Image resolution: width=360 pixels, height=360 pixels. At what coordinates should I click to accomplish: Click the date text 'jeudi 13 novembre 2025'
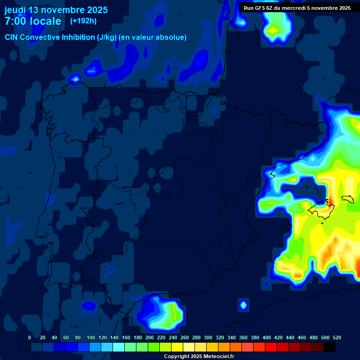(x=56, y=10)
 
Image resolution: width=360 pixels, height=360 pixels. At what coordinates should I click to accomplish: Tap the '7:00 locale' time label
(x=33, y=21)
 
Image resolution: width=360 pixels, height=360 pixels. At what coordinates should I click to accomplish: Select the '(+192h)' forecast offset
(x=83, y=21)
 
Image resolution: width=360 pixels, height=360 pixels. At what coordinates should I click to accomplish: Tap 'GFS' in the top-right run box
(x=259, y=8)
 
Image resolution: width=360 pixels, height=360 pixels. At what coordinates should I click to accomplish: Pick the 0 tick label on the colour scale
(x=30, y=338)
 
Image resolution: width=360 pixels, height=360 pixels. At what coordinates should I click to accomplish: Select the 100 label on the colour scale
(x=91, y=338)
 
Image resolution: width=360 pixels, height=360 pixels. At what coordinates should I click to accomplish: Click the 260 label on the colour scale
(x=185, y=338)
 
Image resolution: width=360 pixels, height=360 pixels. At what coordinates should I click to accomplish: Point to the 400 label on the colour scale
(x=267, y=338)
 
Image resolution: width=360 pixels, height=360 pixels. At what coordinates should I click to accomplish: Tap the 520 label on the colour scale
(x=337, y=338)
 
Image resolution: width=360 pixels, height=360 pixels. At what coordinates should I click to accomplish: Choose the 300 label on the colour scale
(x=208, y=338)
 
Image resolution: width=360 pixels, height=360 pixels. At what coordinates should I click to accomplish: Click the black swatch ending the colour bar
(x=330, y=347)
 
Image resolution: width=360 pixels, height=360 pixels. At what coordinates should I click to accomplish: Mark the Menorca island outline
(x=349, y=199)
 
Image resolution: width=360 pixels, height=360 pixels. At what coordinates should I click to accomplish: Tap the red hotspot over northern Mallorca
(x=330, y=201)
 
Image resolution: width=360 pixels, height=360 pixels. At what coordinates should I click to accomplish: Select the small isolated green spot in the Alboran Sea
(x=243, y=305)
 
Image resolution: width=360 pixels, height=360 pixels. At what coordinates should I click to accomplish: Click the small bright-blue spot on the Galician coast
(x=75, y=79)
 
